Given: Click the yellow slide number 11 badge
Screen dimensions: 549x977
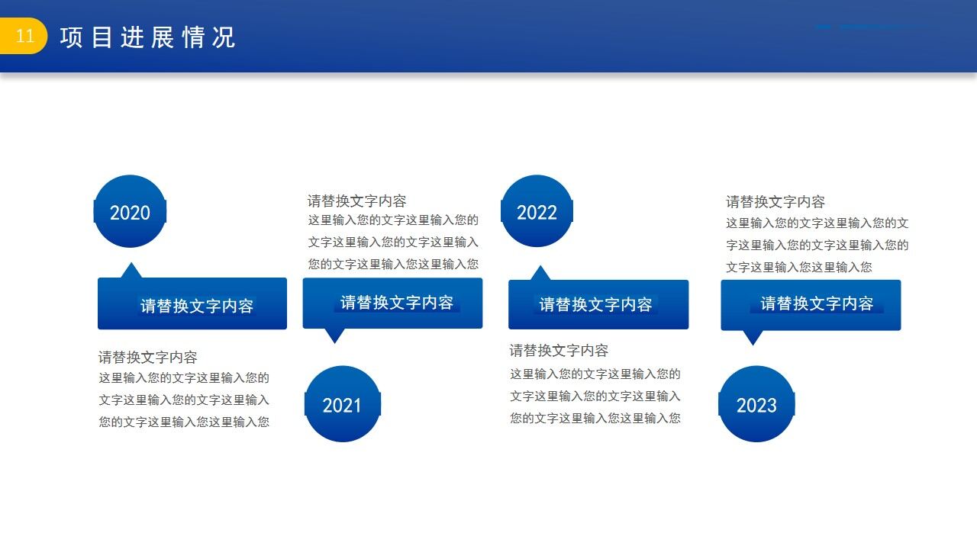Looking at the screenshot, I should [24, 37].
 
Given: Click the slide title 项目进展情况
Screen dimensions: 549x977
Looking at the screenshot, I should [147, 37].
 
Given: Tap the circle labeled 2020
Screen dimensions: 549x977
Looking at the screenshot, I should [130, 212].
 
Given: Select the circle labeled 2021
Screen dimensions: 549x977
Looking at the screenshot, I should [342, 404].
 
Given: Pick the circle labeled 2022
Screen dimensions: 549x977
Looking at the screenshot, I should [537, 212].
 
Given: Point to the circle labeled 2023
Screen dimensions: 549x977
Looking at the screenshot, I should [756, 404].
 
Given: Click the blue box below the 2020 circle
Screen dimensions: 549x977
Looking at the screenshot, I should [192, 304].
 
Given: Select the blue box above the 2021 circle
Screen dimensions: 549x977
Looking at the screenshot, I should [392, 303].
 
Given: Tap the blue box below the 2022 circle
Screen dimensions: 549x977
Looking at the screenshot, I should [598, 304].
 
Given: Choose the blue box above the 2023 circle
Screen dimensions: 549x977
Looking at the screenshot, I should [811, 304].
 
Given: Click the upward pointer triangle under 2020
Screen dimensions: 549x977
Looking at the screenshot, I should [131, 271].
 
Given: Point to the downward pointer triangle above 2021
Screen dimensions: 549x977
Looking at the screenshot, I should [334, 335].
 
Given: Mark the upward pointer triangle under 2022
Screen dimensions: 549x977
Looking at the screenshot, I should [540, 274].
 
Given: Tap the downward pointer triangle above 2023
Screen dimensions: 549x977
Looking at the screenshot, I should [753, 336].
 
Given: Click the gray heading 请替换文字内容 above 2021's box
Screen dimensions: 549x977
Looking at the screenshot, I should [357, 201].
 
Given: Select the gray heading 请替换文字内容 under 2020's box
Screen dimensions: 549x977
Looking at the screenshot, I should [148, 357].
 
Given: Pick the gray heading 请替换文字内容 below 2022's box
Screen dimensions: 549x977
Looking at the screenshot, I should [559, 351].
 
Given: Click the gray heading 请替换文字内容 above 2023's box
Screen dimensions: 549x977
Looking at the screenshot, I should [775, 202].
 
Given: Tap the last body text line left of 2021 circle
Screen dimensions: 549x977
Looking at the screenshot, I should [184, 422].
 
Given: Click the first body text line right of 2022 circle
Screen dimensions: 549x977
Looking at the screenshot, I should [817, 223].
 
